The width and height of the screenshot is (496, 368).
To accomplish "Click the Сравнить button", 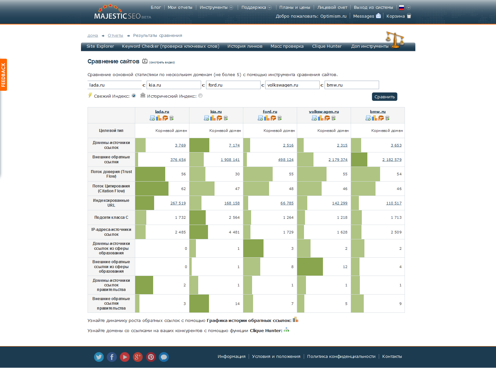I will [x=384, y=97].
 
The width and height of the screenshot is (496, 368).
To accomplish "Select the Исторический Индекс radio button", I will [x=200, y=96].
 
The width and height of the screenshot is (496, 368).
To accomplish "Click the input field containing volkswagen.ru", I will [x=292, y=85].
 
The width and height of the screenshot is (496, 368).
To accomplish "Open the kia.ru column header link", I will [x=216, y=112].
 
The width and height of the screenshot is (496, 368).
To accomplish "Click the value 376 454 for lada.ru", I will [x=178, y=160].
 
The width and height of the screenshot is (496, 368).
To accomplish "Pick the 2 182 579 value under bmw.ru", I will [x=392, y=160].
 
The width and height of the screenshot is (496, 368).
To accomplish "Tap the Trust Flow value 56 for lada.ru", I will [x=184, y=174].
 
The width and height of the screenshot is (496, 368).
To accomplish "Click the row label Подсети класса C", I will [x=111, y=217].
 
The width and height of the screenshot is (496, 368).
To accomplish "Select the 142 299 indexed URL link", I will [x=340, y=203].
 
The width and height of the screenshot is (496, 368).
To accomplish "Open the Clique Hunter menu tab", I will [x=327, y=46].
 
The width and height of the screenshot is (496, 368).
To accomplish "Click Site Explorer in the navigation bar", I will [x=100, y=46].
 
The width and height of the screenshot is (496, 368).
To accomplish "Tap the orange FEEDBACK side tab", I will [x=4, y=75].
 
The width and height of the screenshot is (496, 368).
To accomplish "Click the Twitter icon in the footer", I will [x=99, y=357].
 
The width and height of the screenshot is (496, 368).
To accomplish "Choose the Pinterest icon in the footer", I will [x=151, y=357].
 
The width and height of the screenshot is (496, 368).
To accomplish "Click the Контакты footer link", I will [x=392, y=357].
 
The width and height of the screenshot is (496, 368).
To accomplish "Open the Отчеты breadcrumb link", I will [x=115, y=36].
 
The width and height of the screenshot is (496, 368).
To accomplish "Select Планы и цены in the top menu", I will [x=295, y=8].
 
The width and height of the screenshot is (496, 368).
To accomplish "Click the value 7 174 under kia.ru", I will [x=234, y=145].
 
